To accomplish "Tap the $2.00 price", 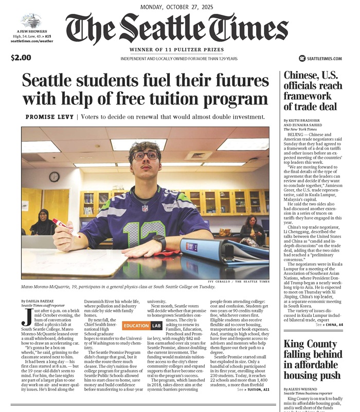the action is coord(21,58).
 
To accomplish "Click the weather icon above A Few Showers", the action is coord(31,21).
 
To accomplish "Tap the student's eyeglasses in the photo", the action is coord(146,155).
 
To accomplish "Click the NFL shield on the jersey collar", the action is coord(145,208).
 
